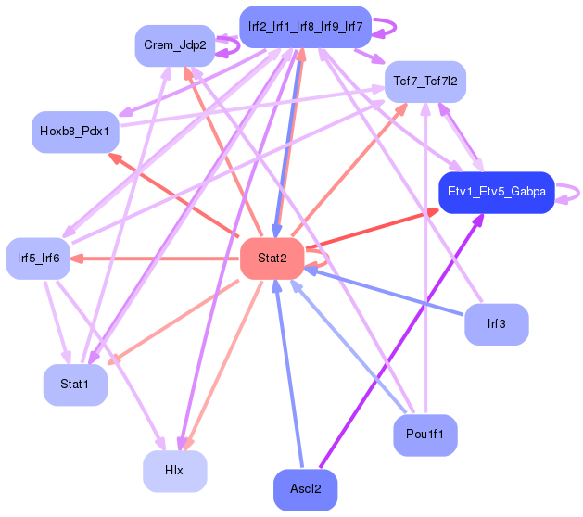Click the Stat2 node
[x=272, y=258]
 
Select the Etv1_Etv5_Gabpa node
[x=497, y=193]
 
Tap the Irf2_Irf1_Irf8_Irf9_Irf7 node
[x=305, y=27]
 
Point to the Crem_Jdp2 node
[x=175, y=45]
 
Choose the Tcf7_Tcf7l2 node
[x=425, y=82]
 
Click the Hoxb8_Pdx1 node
[x=75, y=132]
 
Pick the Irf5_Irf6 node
[x=38, y=258]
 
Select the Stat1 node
[x=75, y=385]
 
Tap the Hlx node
[x=175, y=472]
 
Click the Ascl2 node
[x=306, y=490]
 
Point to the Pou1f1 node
[x=425, y=435]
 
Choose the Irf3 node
[x=497, y=324]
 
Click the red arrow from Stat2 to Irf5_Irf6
[x=155, y=258]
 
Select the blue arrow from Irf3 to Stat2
[x=384, y=292]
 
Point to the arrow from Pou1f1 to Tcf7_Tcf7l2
[x=425, y=258]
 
